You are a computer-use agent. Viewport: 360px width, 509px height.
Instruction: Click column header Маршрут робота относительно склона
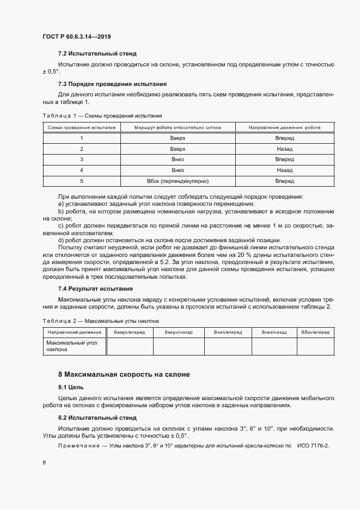[x=178, y=127]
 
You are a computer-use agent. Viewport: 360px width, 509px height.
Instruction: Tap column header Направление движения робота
[x=284, y=127]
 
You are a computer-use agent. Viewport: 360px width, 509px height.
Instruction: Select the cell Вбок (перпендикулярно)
[x=178, y=181]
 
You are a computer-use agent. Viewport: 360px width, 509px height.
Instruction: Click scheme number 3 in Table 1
[x=81, y=160]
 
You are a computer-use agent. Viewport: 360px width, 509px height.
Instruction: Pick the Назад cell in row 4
[x=284, y=170]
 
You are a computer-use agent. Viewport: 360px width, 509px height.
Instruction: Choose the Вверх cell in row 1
[x=178, y=138]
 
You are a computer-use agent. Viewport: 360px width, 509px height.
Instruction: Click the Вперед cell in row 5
[x=284, y=181]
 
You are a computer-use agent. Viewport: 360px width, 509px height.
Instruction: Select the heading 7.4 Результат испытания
[x=95, y=289]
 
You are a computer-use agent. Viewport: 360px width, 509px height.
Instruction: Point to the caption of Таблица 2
[x=100, y=321]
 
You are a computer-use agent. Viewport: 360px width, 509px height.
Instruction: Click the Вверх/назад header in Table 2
[x=179, y=332]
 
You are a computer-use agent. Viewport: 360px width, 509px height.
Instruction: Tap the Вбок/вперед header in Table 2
[x=315, y=332]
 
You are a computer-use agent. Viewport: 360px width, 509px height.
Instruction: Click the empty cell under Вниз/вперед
[x=228, y=346]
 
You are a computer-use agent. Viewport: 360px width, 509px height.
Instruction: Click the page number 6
[x=44, y=462]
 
